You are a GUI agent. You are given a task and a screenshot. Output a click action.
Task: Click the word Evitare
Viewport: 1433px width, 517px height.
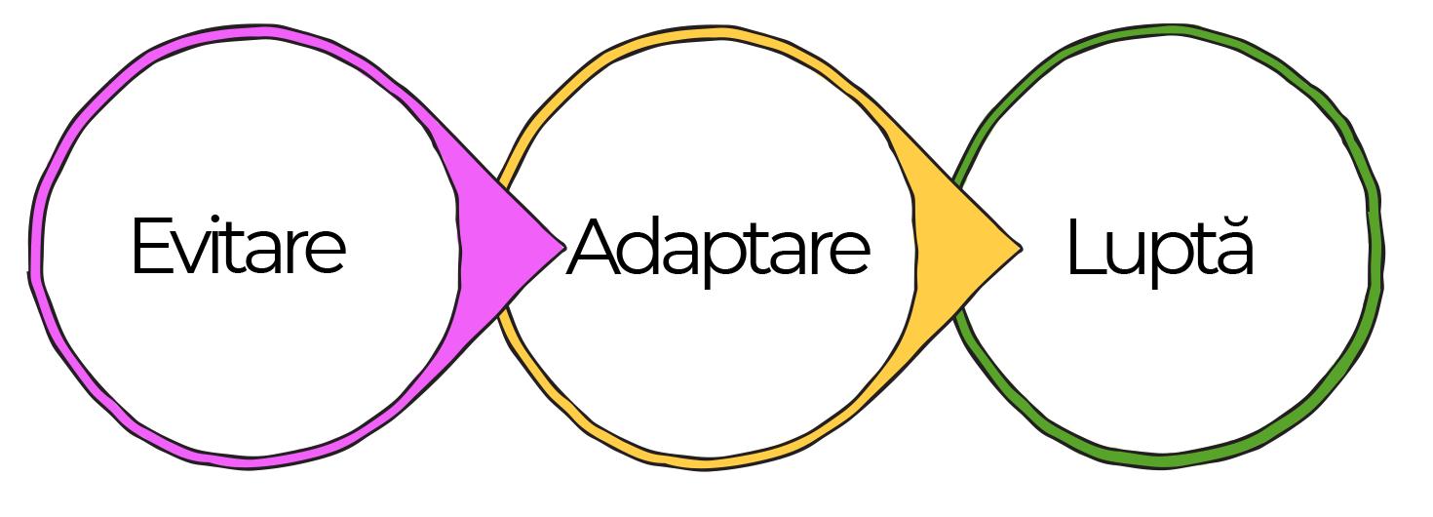pyautogui.click(x=238, y=247)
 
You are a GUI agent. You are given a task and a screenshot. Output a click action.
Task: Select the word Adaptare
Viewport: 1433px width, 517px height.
pyautogui.click(x=717, y=249)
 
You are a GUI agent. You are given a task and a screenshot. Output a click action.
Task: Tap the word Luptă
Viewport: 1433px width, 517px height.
pyautogui.click(x=1160, y=249)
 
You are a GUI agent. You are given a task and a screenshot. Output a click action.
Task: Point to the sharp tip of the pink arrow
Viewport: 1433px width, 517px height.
pyautogui.click(x=562, y=247)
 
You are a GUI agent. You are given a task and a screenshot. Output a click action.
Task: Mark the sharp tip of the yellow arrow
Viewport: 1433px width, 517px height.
pyautogui.click(x=1019, y=249)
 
